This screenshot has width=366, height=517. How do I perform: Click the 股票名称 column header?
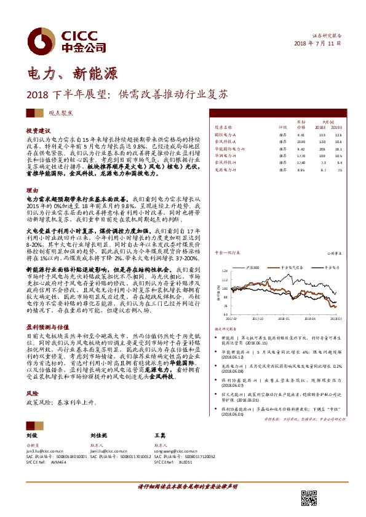[223, 128]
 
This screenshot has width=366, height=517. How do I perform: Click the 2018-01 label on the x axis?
[282, 319]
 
